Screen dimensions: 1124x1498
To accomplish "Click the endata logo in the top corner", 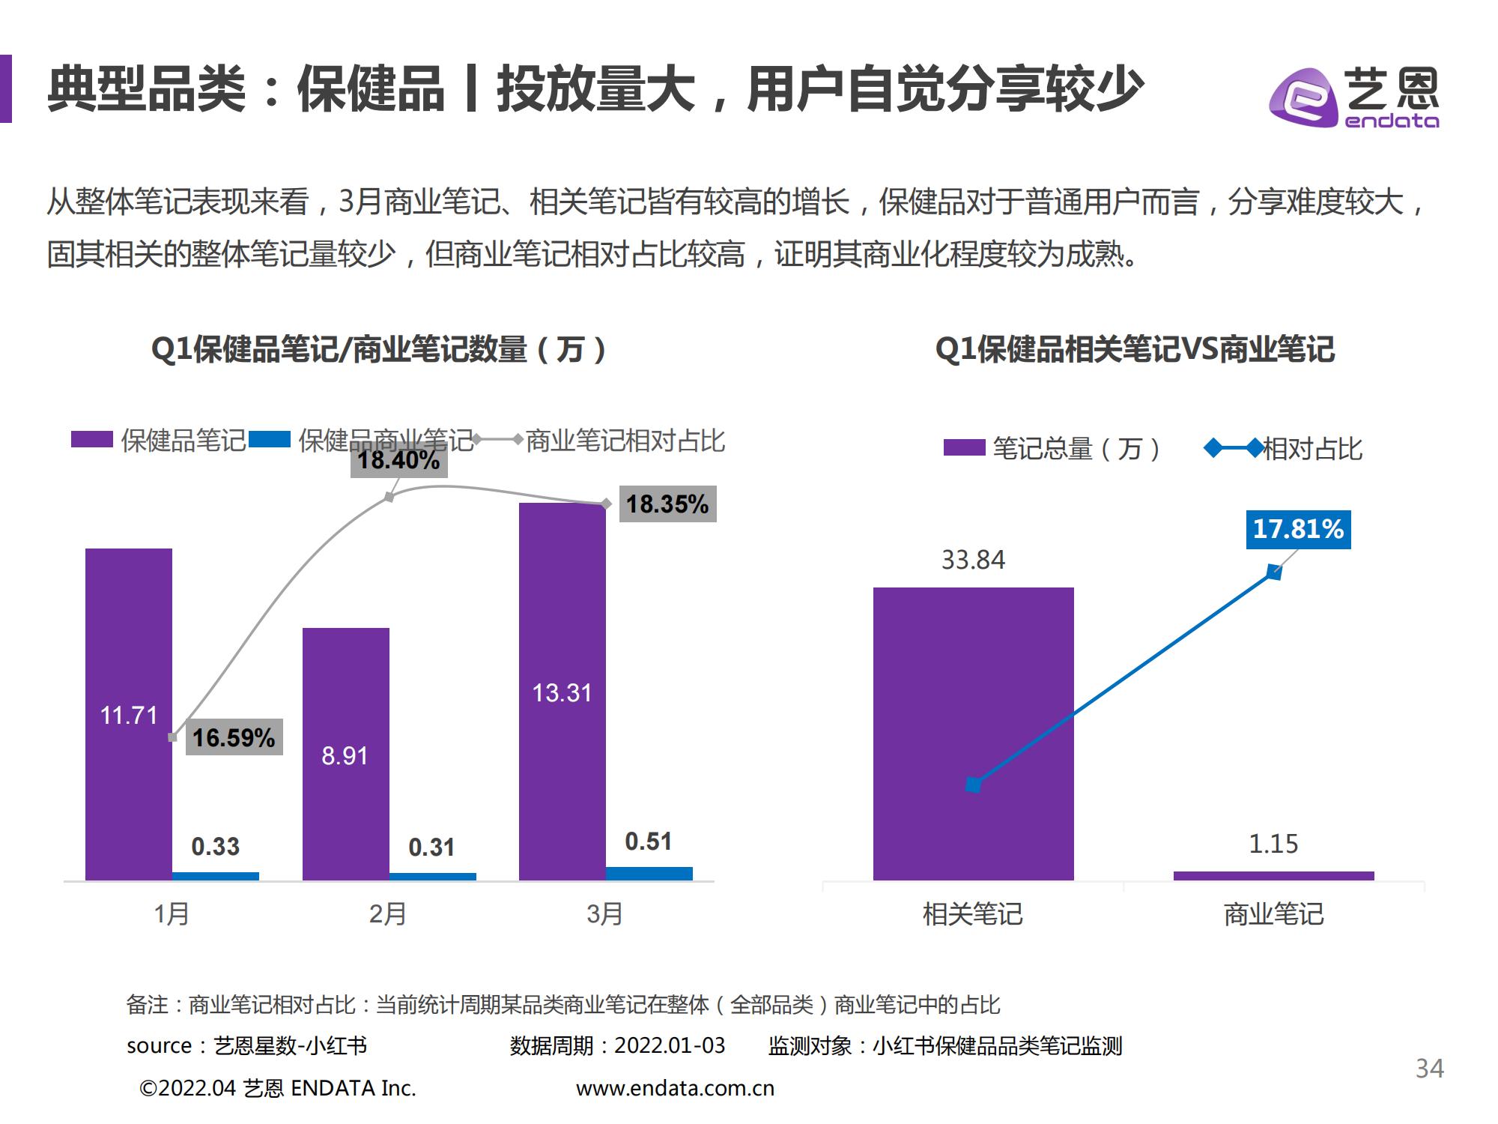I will click(1353, 98).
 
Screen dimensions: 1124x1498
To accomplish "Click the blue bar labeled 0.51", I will click(649, 873).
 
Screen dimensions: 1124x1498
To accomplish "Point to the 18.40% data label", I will click(398, 459).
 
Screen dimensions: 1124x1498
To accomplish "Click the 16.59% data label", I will click(234, 737).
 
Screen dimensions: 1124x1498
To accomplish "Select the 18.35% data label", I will click(667, 504).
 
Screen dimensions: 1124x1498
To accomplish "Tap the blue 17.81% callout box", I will click(1298, 529).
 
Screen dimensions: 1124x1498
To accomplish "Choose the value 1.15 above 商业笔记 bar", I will click(1273, 844).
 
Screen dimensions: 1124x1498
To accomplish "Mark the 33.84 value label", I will click(973, 560).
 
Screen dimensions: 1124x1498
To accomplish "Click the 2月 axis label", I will click(388, 914).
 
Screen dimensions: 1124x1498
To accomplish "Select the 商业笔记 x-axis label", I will click(1273, 914).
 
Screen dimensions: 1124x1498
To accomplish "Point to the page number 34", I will click(1429, 1068).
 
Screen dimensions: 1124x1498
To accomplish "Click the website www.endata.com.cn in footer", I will click(675, 1088).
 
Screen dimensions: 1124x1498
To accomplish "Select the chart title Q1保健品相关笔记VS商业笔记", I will click(1135, 349).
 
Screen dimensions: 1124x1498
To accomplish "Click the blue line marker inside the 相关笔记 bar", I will click(973, 785).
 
